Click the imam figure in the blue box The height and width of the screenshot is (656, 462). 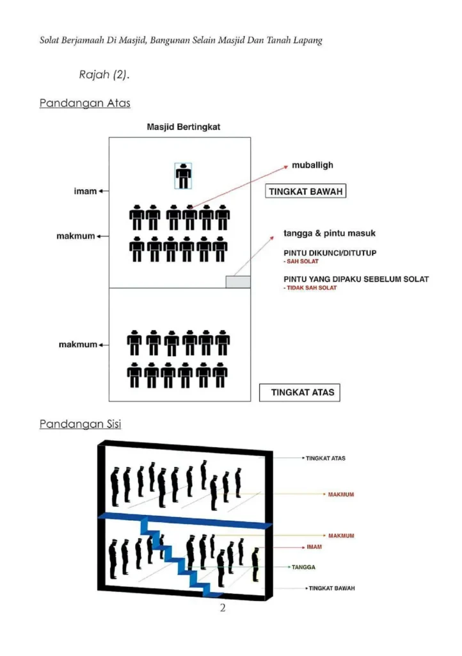[183, 176]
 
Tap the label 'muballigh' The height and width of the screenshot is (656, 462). [312, 165]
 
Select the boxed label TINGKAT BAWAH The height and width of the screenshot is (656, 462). [306, 191]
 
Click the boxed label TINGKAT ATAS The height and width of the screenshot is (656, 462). [300, 393]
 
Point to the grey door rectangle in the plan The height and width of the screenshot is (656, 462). [238, 282]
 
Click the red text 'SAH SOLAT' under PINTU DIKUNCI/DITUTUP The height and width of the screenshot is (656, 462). [303, 261]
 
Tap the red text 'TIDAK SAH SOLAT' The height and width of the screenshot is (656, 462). [312, 288]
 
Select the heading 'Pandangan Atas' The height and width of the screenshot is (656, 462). [85, 103]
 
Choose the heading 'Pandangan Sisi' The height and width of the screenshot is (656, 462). [80, 424]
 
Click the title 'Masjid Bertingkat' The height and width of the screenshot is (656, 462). [184, 127]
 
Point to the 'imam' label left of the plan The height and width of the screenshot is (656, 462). [85, 191]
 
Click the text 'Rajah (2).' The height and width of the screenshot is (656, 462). [104, 74]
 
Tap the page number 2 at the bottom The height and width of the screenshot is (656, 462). [223, 608]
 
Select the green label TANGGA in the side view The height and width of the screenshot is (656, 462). [303, 568]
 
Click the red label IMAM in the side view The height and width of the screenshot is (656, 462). [314, 547]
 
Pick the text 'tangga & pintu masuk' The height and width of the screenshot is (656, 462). [330, 233]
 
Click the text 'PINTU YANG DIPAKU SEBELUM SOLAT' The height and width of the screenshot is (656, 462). [356, 279]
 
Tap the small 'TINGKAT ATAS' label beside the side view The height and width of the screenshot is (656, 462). [326, 458]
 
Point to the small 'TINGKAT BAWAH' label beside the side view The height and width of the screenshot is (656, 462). [331, 588]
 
